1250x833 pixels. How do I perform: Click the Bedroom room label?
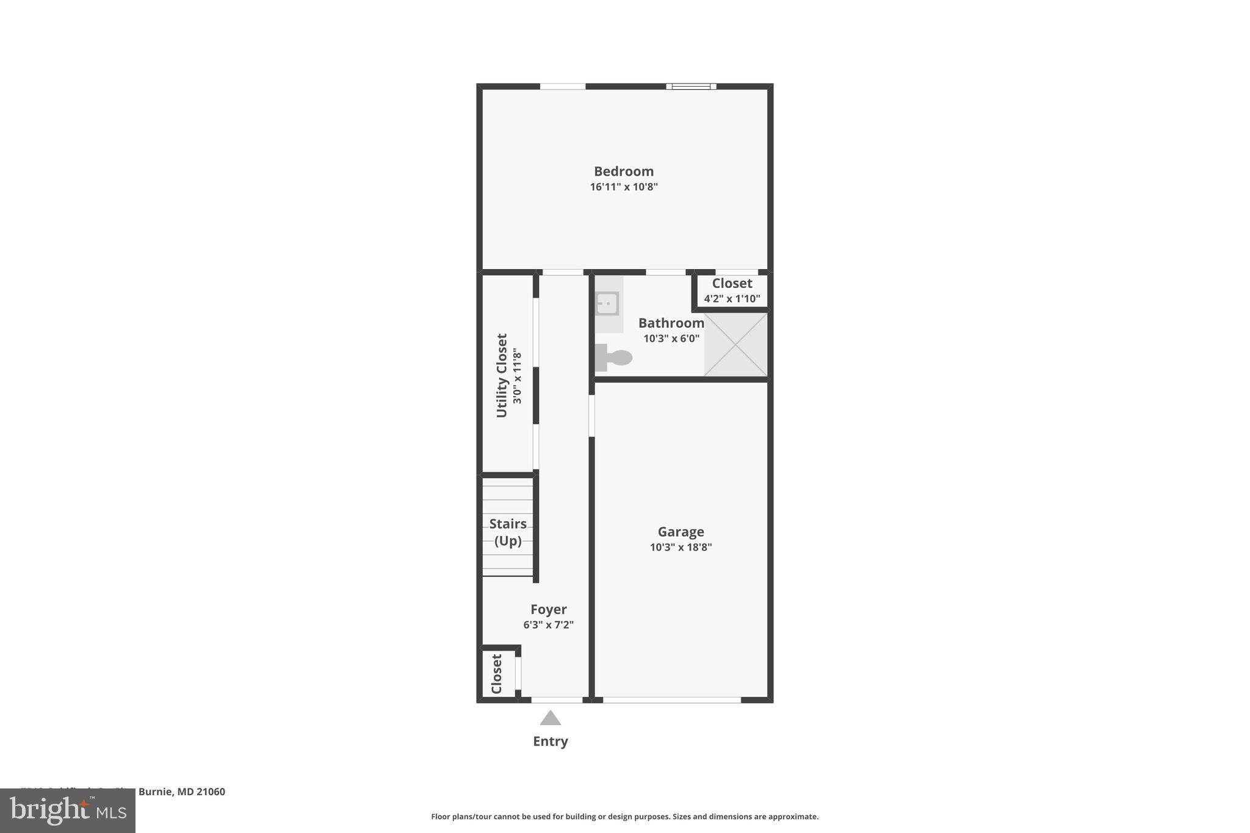pos(623,171)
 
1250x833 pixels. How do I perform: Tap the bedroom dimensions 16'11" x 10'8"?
pos(623,187)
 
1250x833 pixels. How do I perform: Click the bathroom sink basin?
pos(607,303)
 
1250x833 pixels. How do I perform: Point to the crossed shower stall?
pos(735,344)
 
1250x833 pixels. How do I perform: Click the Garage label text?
pos(681,532)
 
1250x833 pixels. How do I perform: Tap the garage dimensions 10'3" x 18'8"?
pos(681,547)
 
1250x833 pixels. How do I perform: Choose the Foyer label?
pos(548,609)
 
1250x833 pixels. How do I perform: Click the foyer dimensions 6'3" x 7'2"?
pos(548,625)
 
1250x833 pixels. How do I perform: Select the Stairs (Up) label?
pos(508,532)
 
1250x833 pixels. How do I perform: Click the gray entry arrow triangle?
pos(550,718)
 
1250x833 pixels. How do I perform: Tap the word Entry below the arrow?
pos(550,741)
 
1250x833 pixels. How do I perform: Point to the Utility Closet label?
pos(502,375)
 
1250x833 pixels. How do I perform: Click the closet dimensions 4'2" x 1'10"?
pos(732,299)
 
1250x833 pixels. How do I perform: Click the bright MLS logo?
pos(68,810)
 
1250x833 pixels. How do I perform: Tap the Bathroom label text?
pos(671,323)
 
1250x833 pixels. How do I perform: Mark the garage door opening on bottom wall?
pos(671,700)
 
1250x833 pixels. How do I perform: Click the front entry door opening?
pos(556,700)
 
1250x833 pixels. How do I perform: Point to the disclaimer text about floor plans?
pos(624,817)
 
